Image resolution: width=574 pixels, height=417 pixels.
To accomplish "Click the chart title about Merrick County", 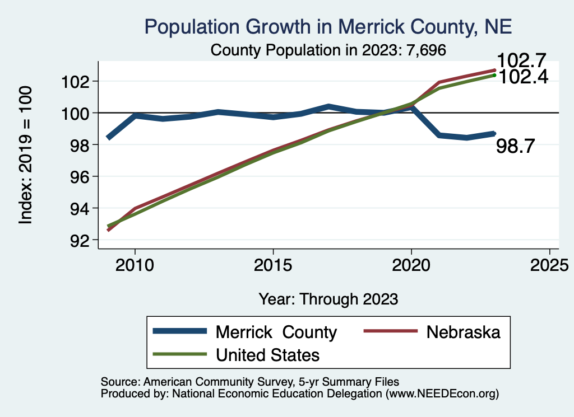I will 328,26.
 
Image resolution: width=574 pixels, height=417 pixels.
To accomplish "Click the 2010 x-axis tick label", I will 135,265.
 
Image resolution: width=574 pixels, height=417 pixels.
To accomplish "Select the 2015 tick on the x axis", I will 273,265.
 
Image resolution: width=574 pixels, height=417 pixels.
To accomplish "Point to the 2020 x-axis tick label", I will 411,265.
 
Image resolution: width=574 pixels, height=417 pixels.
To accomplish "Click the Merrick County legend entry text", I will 276,332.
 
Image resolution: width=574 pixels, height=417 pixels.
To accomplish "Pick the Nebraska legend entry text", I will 463,332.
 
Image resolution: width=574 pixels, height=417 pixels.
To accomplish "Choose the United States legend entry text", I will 268,354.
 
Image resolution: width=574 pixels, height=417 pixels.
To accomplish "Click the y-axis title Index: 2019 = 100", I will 26,155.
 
